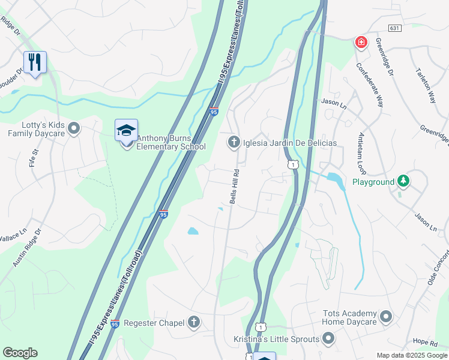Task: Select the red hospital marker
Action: (x=361, y=42)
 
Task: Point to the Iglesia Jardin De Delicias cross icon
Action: (x=233, y=142)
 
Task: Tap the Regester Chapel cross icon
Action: (x=194, y=323)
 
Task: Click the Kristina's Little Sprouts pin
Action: (x=328, y=339)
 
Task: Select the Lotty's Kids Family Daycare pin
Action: (x=74, y=128)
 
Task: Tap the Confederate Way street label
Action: (x=370, y=85)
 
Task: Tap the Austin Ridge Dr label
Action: (x=28, y=247)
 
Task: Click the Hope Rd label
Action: (x=425, y=342)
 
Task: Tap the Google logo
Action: (x=20, y=353)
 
